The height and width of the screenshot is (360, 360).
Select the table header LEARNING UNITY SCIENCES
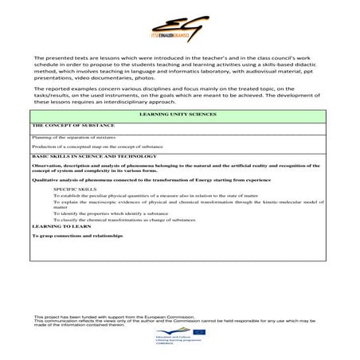pyautogui.click(x=180, y=115)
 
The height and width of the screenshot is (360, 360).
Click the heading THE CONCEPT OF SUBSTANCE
pyautogui.click(x=73, y=125)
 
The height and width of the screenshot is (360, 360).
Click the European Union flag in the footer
pyautogui.click(x=198, y=334)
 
